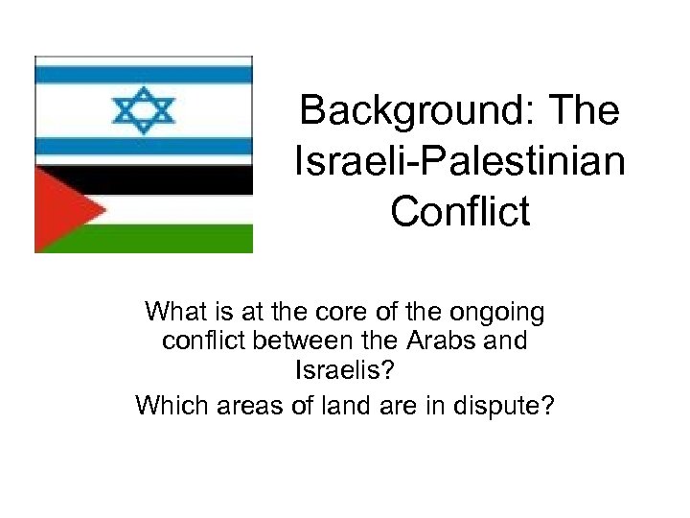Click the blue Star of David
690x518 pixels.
pos(144,109)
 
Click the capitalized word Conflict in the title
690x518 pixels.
pos(459,212)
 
